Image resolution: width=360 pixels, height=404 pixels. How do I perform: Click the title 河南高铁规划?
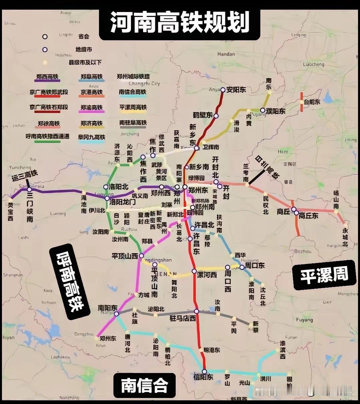tap(180, 23)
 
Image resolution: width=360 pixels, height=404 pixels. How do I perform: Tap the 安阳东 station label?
tap(236, 89)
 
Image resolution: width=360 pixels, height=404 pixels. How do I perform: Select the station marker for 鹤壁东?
tap(216, 116)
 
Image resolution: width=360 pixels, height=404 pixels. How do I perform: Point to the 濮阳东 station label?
tap(276, 111)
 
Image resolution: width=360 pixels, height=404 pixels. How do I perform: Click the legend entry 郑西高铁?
tap(48, 77)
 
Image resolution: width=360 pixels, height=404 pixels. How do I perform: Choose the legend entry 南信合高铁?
tap(133, 92)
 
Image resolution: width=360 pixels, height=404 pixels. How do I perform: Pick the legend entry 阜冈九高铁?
tap(92, 137)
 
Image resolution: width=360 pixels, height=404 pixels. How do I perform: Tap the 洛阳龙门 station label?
tap(122, 202)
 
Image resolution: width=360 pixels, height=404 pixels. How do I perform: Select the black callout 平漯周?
tap(324, 275)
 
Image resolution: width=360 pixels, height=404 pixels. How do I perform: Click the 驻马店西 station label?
tap(183, 319)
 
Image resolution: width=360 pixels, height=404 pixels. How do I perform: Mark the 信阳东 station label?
tap(203, 377)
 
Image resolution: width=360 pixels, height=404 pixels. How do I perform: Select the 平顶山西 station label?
tap(125, 256)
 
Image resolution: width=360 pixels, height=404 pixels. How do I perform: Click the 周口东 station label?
tap(255, 266)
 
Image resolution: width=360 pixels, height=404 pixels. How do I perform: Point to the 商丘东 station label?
tap(308, 216)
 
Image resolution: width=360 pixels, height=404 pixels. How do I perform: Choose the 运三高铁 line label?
tap(25, 176)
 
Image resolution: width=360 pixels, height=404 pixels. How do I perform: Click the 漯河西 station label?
tap(207, 275)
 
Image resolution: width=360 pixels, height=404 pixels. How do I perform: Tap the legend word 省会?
tap(84, 36)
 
